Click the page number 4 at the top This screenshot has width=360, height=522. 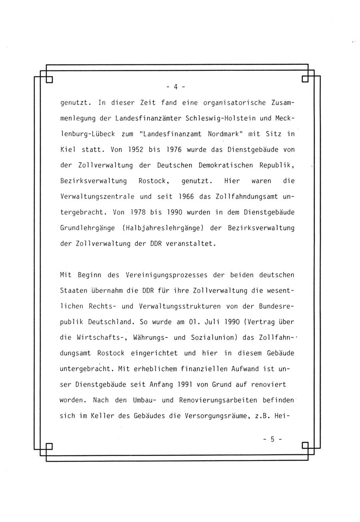pos(175,86)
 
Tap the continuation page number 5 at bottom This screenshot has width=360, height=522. pos(272,439)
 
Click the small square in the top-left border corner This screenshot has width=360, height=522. pos(50,79)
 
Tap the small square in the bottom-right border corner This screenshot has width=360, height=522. pos(305,445)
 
